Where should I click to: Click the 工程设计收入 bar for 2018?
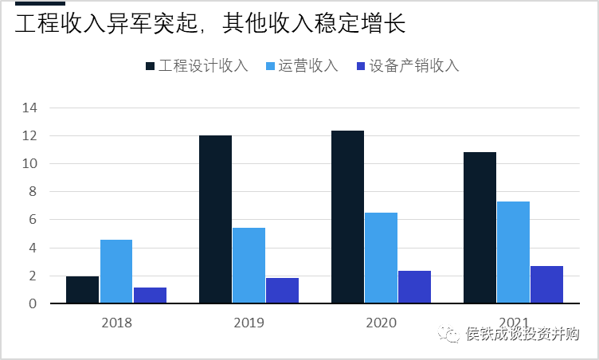tap(83, 289)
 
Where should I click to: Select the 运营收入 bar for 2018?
tap(116, 271)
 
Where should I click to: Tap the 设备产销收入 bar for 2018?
tap(150, 295)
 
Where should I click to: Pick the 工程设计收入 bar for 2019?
tap(215, 219)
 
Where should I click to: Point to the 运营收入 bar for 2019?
tap(249, 265)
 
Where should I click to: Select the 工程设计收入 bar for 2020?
tap(347, 217)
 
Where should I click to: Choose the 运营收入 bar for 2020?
tap(381, 257)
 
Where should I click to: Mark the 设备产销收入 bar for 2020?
tap(414, 287)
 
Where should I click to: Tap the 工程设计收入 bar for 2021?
tap(480, 227)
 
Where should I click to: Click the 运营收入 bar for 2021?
tap(513, 252)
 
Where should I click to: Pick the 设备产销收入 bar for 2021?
tap(546, 284)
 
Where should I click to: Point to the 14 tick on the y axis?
tap(31, 108)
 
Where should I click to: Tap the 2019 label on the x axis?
tap(249, 323)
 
